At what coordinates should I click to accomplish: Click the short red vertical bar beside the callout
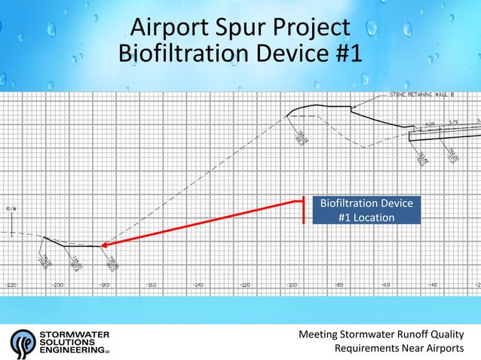click(x=303, y=210)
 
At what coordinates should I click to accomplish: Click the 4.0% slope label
click(x=430, y=124)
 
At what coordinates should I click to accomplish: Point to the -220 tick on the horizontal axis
click(x=11, y=285)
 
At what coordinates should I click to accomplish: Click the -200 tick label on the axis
click(x=57, y=285)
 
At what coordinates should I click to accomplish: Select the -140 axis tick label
click(x=198, y=285)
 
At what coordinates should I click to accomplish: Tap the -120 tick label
click(x=245, y=285)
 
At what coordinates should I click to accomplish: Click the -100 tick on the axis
click(x=292, y=285)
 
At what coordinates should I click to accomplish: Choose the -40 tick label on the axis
click(x=433, y=285)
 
